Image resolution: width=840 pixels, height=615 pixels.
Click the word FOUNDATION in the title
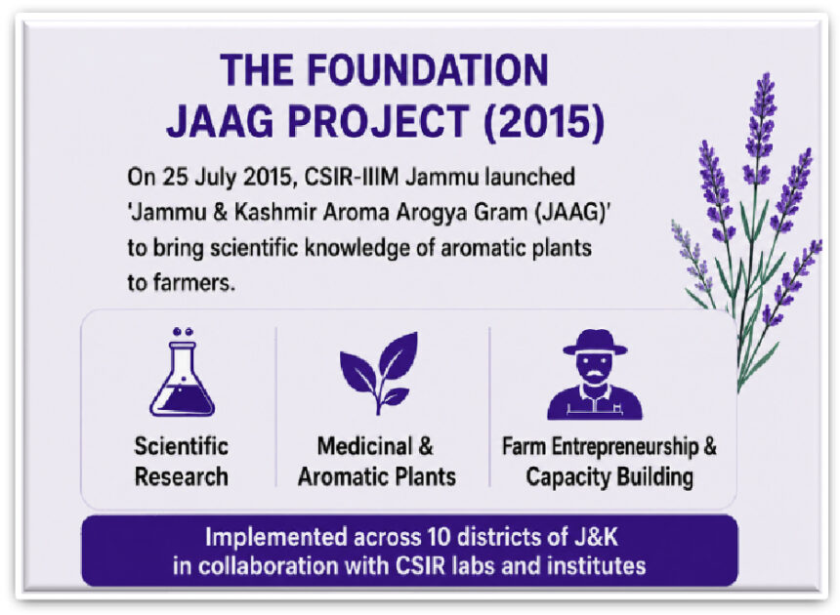(428, 70)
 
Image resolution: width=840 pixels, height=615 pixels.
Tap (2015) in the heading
(544, 123)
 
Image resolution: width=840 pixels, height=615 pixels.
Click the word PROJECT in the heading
(379, 122)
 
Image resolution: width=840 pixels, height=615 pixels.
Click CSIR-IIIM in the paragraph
(352, 177)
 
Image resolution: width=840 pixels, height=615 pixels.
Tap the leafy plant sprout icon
(379, 373)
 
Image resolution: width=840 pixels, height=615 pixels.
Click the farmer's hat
(595, 343)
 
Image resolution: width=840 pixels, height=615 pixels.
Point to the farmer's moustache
(595, 373)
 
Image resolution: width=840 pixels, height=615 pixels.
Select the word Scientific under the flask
(182, 446)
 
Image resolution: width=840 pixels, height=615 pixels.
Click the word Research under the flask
(182, 476)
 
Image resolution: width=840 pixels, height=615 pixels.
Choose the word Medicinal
(365, 446)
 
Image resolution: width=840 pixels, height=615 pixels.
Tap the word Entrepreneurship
(625, 447)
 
